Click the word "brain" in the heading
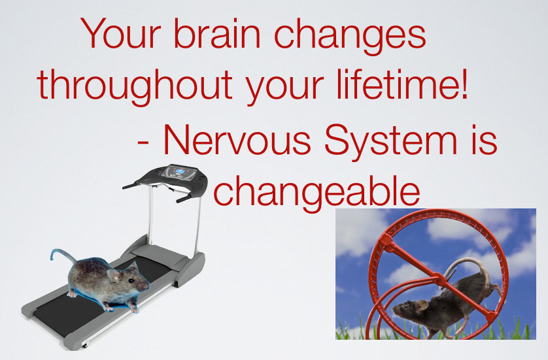(x=217, y=33)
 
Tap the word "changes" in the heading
(x=350, y=37)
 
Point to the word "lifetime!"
(x=402, y=84)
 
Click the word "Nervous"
(x=237, y=140)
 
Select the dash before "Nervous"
(x=143, y=142)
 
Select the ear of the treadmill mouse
(x=114, y=275)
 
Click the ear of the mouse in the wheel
(x=422, y=305)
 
